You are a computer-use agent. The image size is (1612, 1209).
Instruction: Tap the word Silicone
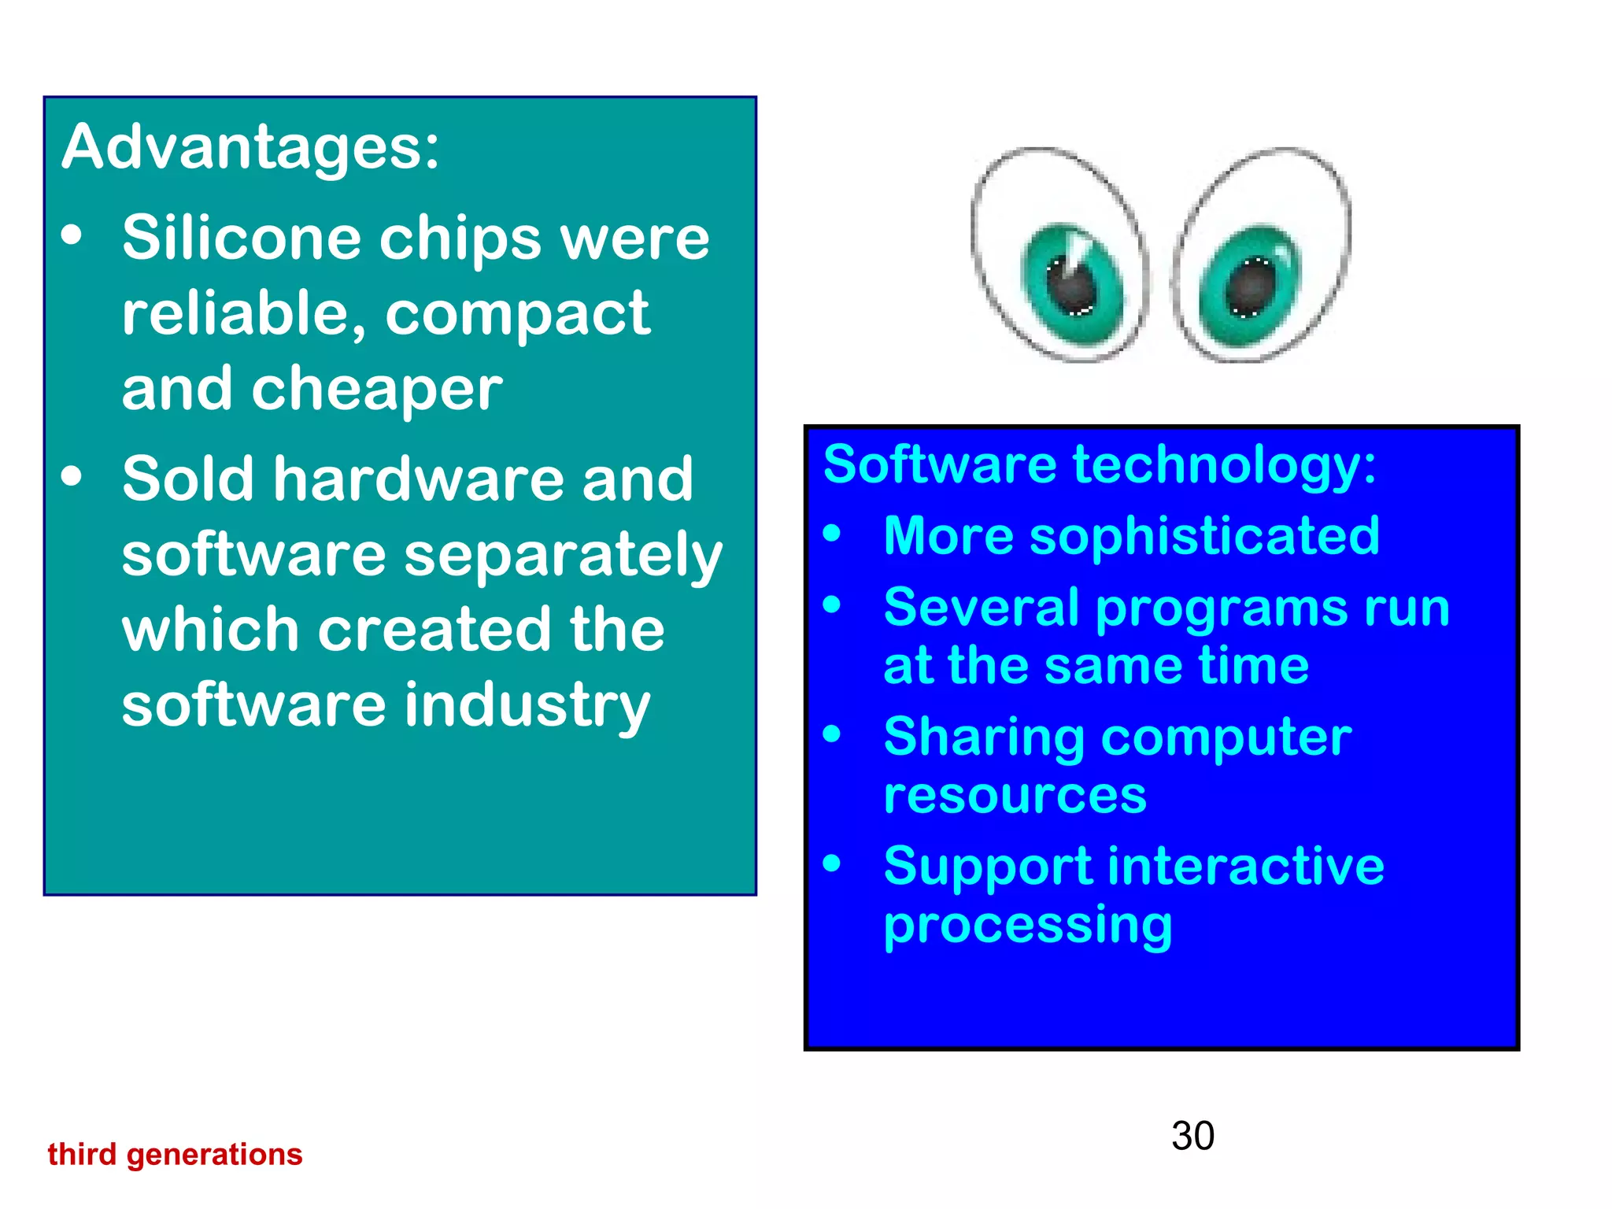[x=241, y=238]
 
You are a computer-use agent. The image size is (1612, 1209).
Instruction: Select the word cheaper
[x=377, y=389]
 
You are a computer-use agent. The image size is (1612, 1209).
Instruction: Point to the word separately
[x=564, y=556]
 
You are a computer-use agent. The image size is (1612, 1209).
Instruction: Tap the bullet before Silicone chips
[x=72, y=236]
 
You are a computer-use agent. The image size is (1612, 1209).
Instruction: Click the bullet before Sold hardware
[x=72, y=477]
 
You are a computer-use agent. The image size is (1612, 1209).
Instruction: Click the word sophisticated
[x=1204, y=536]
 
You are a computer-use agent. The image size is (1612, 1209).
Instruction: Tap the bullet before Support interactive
[x=832, y=864]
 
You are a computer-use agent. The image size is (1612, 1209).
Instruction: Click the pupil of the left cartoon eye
[x=1072, y=287]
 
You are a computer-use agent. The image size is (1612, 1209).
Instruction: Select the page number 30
[x=1192, y=1136]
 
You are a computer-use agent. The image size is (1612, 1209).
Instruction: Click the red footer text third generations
[x=175, y=1155]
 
